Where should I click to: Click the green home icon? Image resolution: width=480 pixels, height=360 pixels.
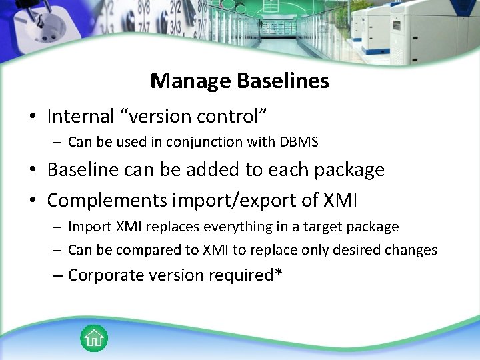click(x=94, y=338)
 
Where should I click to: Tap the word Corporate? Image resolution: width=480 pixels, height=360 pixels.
click(x=105, y=275)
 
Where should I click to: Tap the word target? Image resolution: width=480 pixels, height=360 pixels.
click(x=323, y=227)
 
